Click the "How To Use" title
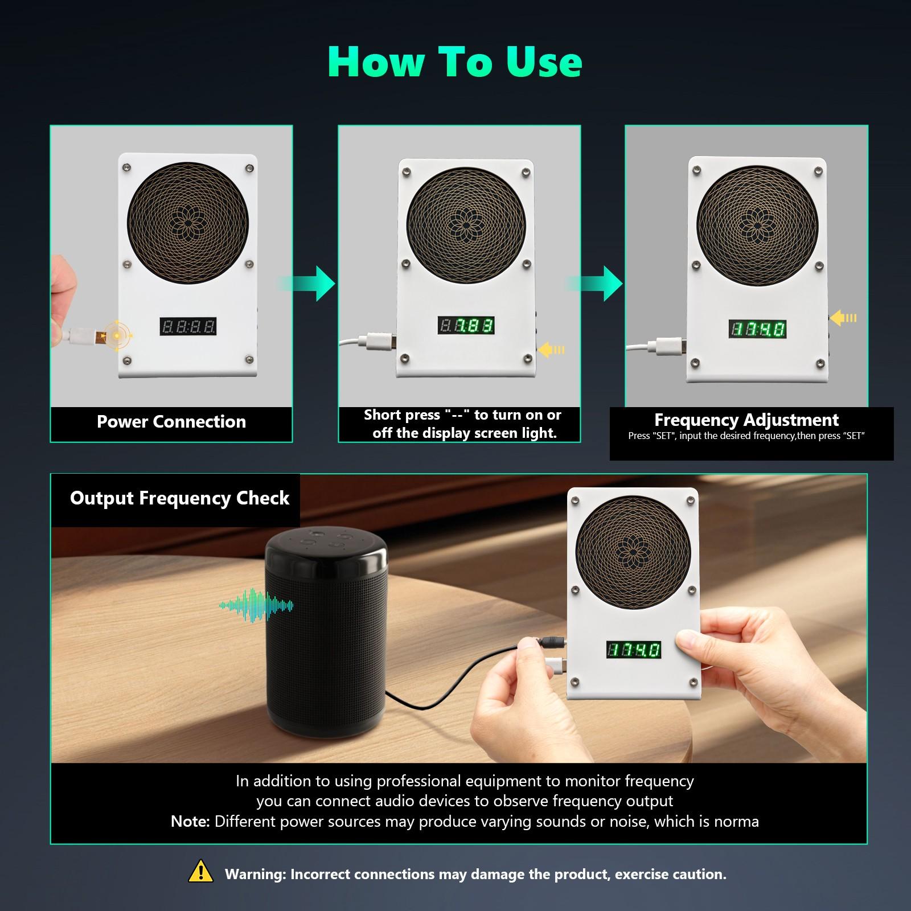(x=454, y=61)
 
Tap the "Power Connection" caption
(x=171, y=422)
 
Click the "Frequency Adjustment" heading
(x=746, y=420)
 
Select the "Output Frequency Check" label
(x=179, y=498)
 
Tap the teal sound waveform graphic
(x=256, y=606)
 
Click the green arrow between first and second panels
(x=310, y=283)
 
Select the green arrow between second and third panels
(x=598, y=283)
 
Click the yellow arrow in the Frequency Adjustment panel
(x=843, y=318)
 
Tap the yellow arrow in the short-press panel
(x=551, y=350)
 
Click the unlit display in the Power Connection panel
(x=188, y=326)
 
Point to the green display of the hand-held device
(x=633, y=650)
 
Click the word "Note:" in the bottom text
(x=190, y=821)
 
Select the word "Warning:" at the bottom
(x=255, y=875)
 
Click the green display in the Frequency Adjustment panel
(x=757, y=329)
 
